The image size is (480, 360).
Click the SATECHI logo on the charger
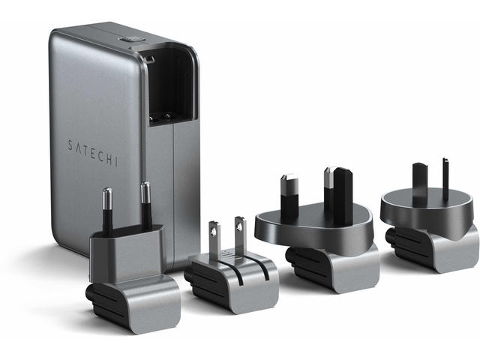click(93, 153)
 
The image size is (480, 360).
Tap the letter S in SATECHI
click(70, 145)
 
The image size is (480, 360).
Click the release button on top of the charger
click(129, 40)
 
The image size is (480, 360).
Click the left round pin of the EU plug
click(107, 211)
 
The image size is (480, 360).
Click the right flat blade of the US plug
click(241, 232)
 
